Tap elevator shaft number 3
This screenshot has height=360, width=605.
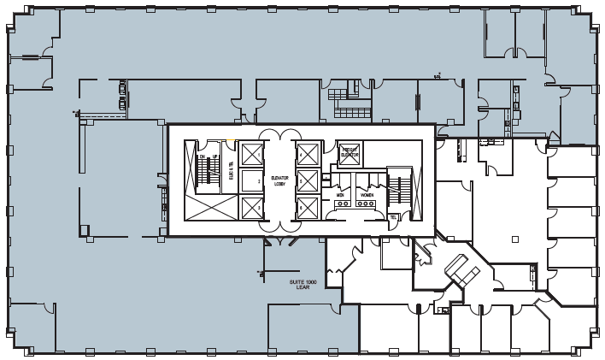252,206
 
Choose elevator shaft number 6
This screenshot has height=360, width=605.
307,206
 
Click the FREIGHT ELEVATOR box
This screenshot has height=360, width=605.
349,153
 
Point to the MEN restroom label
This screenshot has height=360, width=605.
340,195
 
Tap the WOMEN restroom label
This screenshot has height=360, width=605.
367,195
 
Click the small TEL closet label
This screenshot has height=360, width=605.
393,217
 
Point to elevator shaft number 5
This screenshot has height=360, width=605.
307,180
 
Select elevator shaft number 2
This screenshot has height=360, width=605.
252,180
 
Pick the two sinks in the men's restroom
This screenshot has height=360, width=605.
341,181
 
